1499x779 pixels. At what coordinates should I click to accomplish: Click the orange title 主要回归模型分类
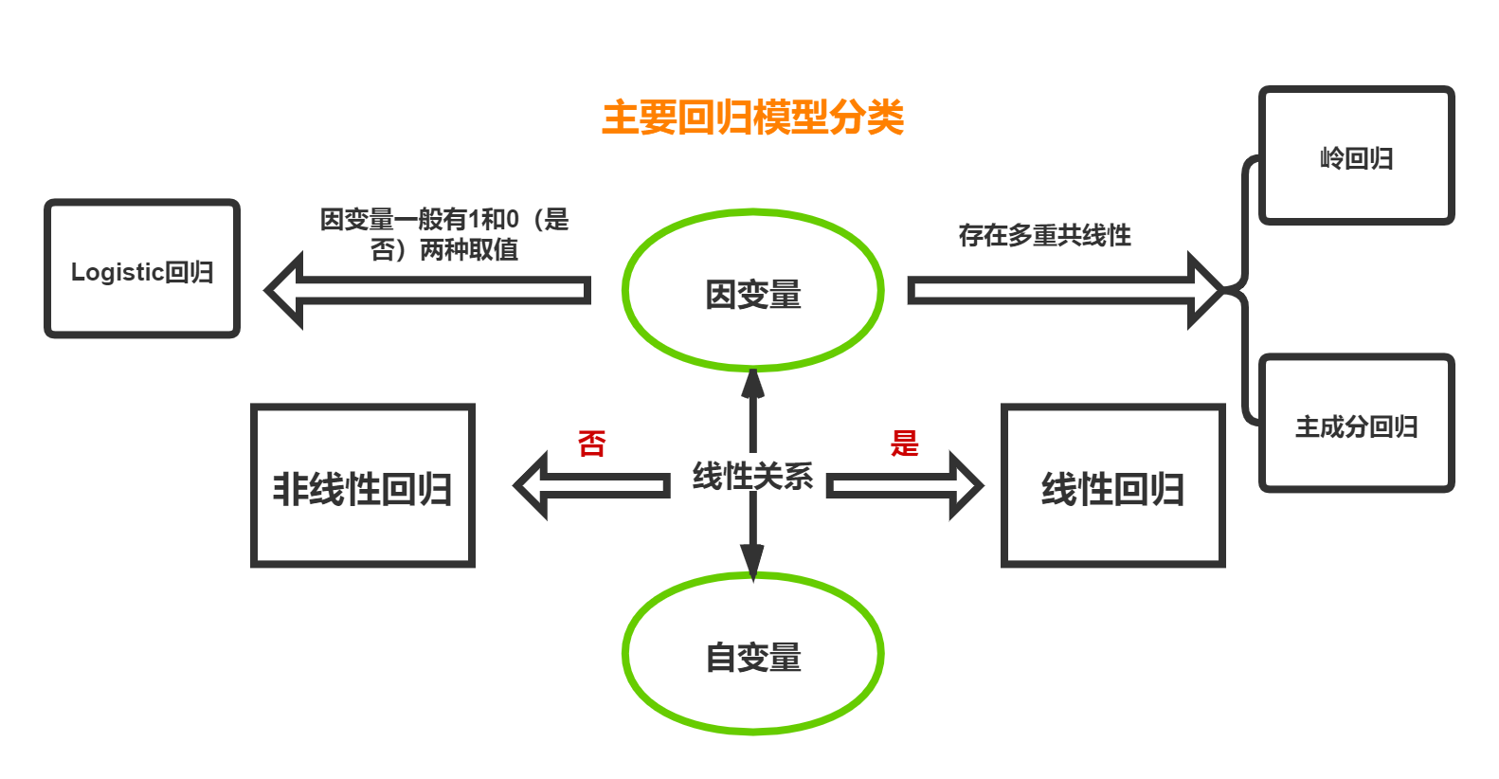[752, 118]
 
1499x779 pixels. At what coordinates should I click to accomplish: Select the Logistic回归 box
[142, 269]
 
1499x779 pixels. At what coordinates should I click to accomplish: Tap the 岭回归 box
[1356, 156]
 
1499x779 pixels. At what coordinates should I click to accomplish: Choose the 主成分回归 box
[1356, 424]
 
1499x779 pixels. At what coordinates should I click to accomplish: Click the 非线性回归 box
[363, 486]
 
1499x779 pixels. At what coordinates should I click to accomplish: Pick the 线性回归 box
[1113, 486]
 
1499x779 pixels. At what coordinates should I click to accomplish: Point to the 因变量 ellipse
[752, 291]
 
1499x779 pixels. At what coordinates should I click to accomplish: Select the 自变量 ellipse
[752, 654]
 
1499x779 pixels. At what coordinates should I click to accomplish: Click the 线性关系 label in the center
[752, 473]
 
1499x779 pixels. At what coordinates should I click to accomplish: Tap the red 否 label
[592, 443]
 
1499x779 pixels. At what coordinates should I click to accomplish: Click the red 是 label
[904, 443]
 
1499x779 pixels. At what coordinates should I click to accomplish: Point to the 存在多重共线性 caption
[1044, 235]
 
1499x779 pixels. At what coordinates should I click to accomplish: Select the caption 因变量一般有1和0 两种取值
[443, 234]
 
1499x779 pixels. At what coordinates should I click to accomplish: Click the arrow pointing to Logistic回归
[426, 290]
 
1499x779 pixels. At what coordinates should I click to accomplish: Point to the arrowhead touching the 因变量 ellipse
[752, 384]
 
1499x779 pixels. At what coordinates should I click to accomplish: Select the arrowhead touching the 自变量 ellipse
[752, 561]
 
